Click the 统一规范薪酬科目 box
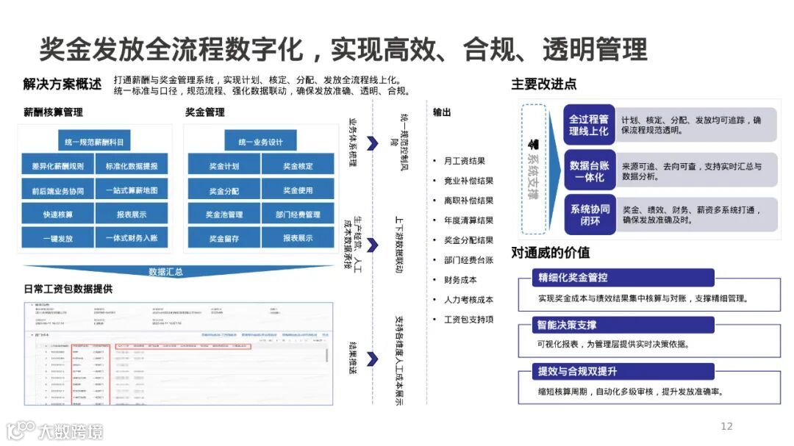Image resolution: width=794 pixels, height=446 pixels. (93, 142)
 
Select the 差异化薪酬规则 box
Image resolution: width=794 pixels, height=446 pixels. (57, 166)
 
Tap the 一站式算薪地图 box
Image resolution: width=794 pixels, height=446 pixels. (131, 191)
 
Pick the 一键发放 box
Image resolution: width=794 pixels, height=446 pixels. (57, 238)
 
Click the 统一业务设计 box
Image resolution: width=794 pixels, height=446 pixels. (260, 142)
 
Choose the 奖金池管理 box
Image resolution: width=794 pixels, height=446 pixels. (224, 215)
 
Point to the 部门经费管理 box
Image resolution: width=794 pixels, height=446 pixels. (297, 215)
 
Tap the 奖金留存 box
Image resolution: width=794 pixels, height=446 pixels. (224, 238)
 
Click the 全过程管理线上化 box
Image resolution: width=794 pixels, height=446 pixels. (589, 125)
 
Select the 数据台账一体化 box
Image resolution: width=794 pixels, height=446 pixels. (589, 171)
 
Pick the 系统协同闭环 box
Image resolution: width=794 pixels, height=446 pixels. (589, 215)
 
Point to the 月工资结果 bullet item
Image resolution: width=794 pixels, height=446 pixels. (464, 161)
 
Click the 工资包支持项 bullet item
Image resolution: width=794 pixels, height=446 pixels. (468, 320)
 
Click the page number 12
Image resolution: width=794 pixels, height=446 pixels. (726, 426)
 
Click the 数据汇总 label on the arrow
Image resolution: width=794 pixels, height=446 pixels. (165, 271)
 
